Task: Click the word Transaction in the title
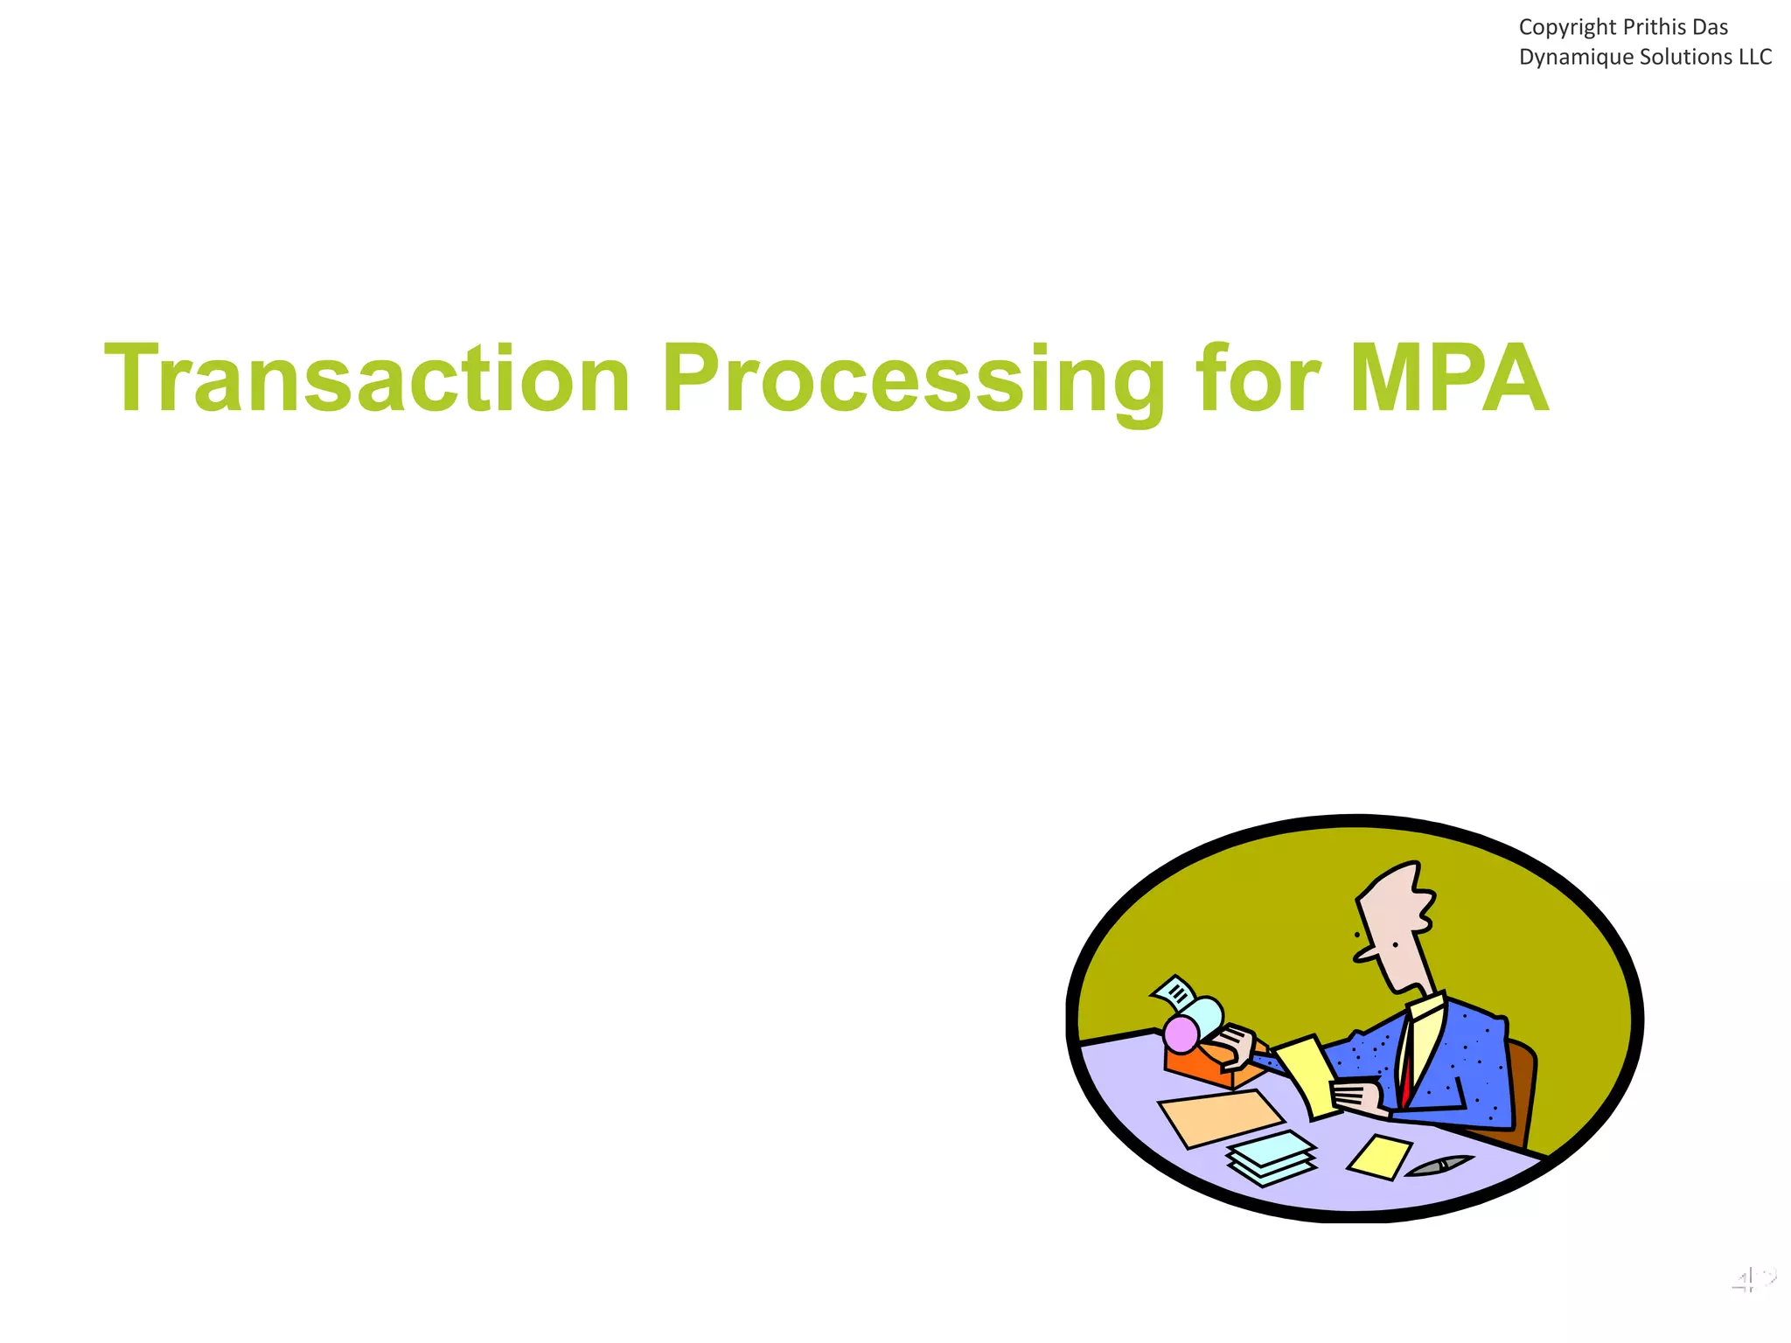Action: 367,380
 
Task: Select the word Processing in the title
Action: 913,380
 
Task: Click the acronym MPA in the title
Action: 1448,380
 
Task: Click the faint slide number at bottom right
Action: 1753,1281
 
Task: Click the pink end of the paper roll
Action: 1181,1035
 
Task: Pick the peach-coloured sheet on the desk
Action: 1220,1117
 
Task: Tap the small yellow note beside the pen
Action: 1379,1156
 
